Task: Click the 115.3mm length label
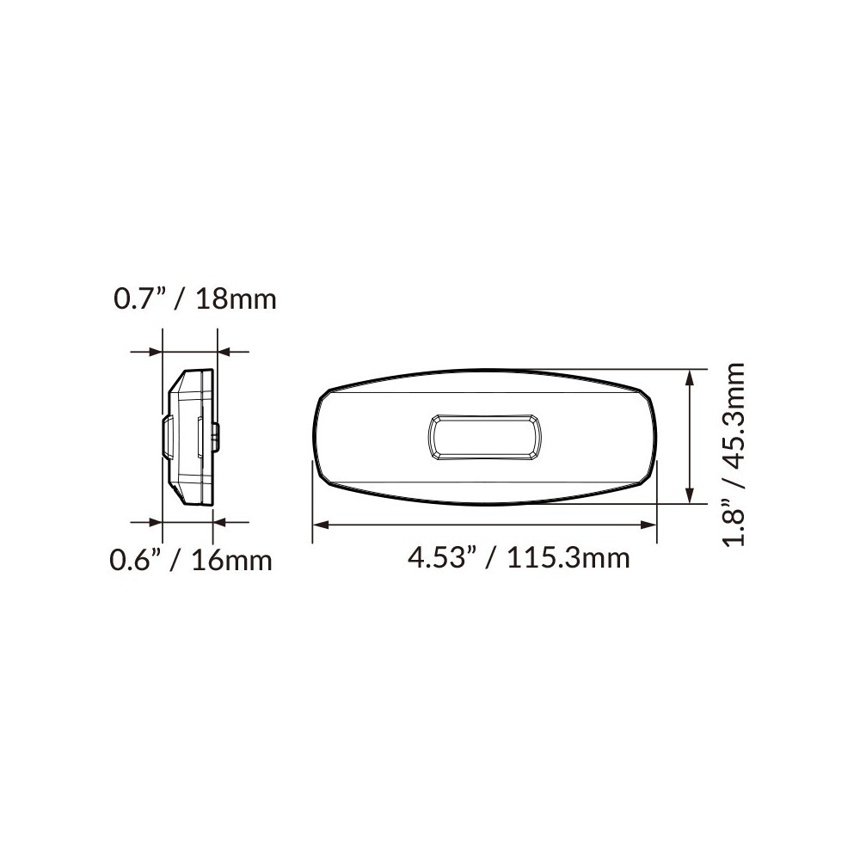[x=568, y=558]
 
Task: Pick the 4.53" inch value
[x=444, y=558]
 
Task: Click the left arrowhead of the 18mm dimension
[x=156, y=351]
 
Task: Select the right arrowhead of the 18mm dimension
[x=224, y=351]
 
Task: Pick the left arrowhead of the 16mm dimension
[x=156, y=520]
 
